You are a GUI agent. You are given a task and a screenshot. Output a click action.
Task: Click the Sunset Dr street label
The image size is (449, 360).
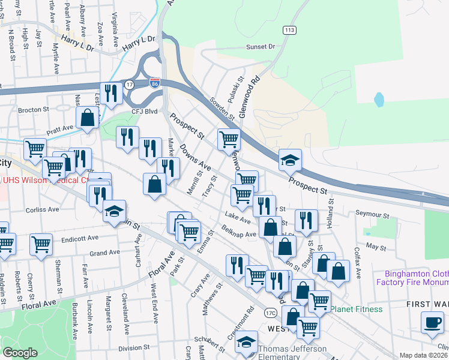tap(259, 46)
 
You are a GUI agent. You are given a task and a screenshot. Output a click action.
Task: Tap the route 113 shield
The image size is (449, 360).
tap(291, 29)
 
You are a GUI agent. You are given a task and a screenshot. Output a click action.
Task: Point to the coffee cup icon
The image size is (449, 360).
tap(432, 322)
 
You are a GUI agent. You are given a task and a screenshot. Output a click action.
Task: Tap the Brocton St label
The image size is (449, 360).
tap(33, 110)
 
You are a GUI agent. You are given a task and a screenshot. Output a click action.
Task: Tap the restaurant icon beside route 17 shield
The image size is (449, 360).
tap(110, 92)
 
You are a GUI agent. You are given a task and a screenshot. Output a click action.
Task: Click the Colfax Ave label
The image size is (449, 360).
tap(358, 265)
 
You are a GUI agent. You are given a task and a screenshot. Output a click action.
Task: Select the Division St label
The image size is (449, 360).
tap(133, 347)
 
